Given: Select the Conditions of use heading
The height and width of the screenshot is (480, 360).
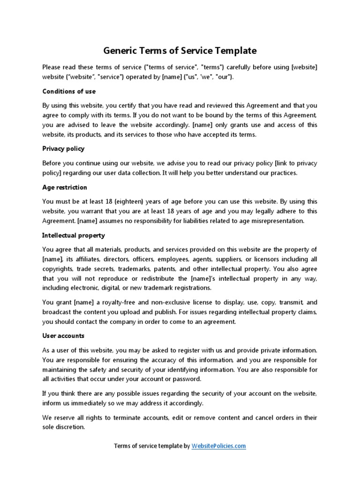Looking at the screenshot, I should tap(69, 91).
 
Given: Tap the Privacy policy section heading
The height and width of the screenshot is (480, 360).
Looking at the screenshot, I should tap(63, 149).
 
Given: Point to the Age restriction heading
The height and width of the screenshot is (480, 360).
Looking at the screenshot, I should tap(65, 187).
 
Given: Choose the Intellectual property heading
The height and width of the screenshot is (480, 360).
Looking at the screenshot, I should tap(74, 235).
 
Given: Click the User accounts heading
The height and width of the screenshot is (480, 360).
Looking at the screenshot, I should tap(63, 336).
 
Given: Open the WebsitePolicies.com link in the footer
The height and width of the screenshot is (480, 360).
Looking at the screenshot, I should tap(218, 446).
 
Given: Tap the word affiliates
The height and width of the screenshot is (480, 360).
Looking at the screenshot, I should tap(84, 259).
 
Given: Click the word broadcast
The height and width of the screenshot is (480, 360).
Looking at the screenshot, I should tap(57, 312).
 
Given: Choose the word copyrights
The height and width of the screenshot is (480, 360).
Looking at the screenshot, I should tap(57, 269).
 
